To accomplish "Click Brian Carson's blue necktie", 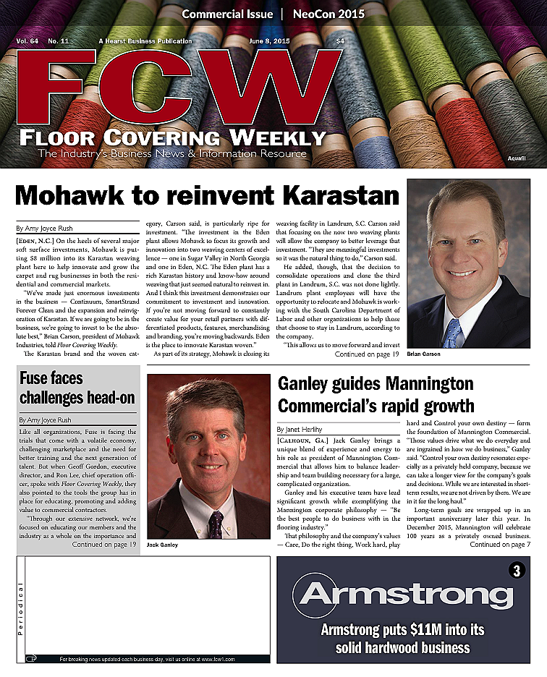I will (453, 333).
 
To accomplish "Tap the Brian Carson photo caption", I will (424, 354).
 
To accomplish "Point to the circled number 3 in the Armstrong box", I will (516, 570).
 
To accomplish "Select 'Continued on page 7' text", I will (500, 545).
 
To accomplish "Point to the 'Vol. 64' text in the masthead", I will (27, 41).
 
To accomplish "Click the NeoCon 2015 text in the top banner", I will (328, 14).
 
